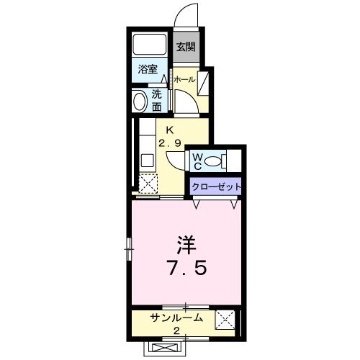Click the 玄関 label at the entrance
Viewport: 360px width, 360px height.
[186, 48]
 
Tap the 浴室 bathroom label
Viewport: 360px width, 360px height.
[149, 71]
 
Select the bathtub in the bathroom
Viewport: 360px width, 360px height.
[150, 44]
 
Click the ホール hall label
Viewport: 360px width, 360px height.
[184, 80]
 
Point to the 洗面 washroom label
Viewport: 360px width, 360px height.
[157, 100]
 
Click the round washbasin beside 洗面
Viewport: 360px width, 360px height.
[139, 101]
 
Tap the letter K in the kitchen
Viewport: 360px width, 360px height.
[170, 130]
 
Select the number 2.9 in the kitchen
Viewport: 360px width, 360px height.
[170, 143]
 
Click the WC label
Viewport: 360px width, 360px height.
[197, 159]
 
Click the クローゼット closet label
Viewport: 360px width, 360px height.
[216, 186]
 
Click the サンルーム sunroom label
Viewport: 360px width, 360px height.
[176, 318]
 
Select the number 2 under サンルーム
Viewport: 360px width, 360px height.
[176, 330]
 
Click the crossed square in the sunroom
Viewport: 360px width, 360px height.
[225, 319]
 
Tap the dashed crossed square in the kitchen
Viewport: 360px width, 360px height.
[148, 184]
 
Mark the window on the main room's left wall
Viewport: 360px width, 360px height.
[130, 248]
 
